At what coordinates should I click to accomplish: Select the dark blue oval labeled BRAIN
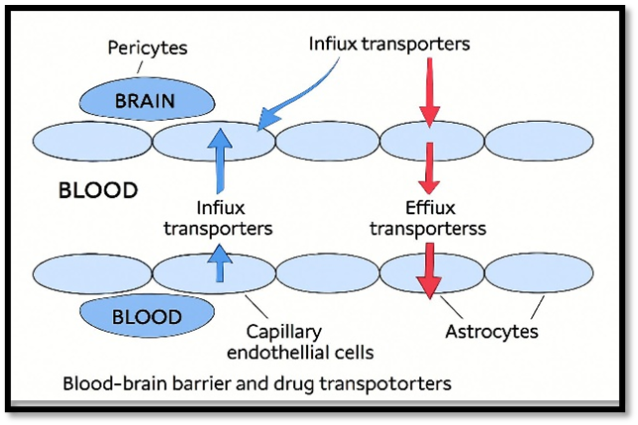tap(146, 100)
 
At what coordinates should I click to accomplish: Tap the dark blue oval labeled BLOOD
tap(147, 317)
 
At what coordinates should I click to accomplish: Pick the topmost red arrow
tap(429, 95)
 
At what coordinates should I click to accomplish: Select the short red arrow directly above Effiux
tap(429, 167)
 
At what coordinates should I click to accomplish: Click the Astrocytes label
tap(491, 331)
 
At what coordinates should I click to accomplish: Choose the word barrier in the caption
tap(207, 382)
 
